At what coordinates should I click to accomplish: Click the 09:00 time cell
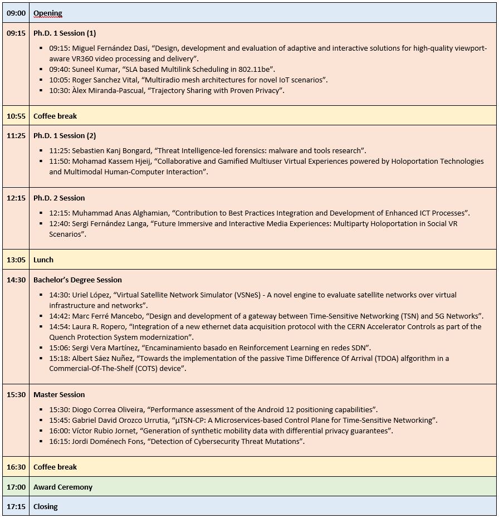point(16,13)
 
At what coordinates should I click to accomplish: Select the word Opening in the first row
point(48,13)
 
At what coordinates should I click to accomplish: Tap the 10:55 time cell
point(16,116)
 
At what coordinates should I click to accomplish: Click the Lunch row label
point(43,260)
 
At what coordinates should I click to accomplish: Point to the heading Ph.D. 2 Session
point(59,198)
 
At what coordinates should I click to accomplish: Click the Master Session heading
point(59,394)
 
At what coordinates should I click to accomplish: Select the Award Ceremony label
point(63,487)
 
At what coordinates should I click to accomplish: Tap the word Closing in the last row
point(46,506)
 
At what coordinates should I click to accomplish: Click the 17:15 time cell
point(16,506)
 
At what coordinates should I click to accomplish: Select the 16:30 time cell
point(16,467)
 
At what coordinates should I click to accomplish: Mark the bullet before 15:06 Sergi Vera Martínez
point(42,348)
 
